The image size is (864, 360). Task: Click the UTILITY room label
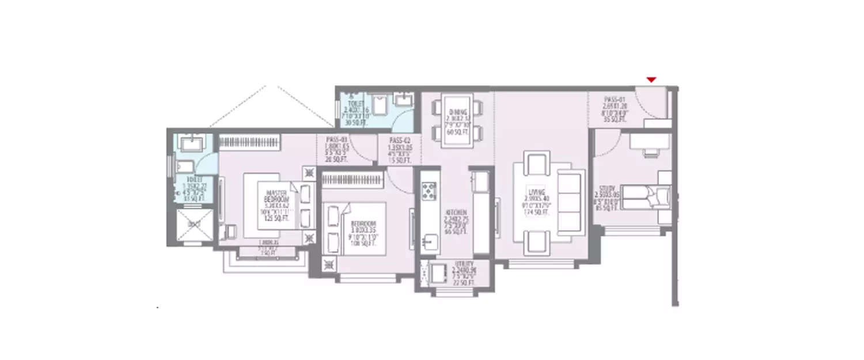click(463, 263)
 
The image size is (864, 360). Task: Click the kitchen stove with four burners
click(429, 191)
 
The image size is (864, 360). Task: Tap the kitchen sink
click(429, 241)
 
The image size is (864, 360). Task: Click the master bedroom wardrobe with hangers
click(249, 142)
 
